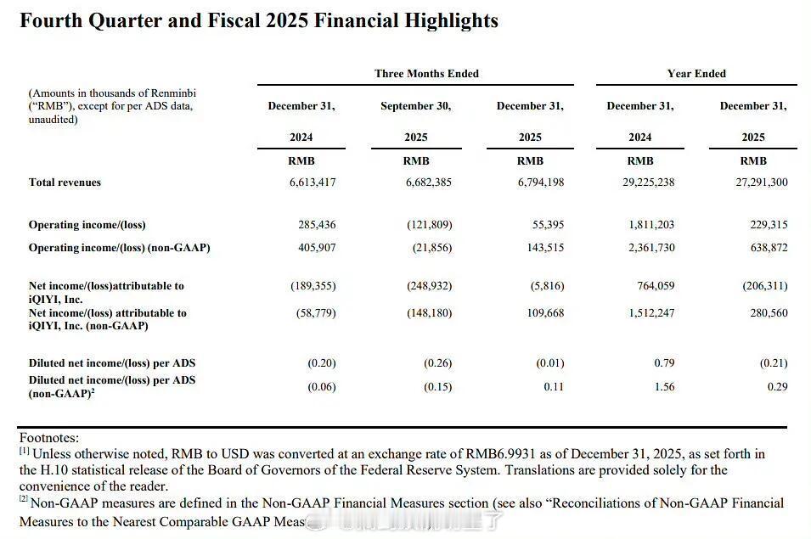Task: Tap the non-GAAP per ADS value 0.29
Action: (776, 387)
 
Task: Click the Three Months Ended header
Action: (426, 74)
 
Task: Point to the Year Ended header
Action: (696, 74)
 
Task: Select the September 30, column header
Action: (416, 106)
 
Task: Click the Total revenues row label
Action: (65, 182)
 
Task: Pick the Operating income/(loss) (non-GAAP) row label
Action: (119, 248)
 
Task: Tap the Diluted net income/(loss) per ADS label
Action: (112, 363)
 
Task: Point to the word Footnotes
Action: (49, 438)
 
